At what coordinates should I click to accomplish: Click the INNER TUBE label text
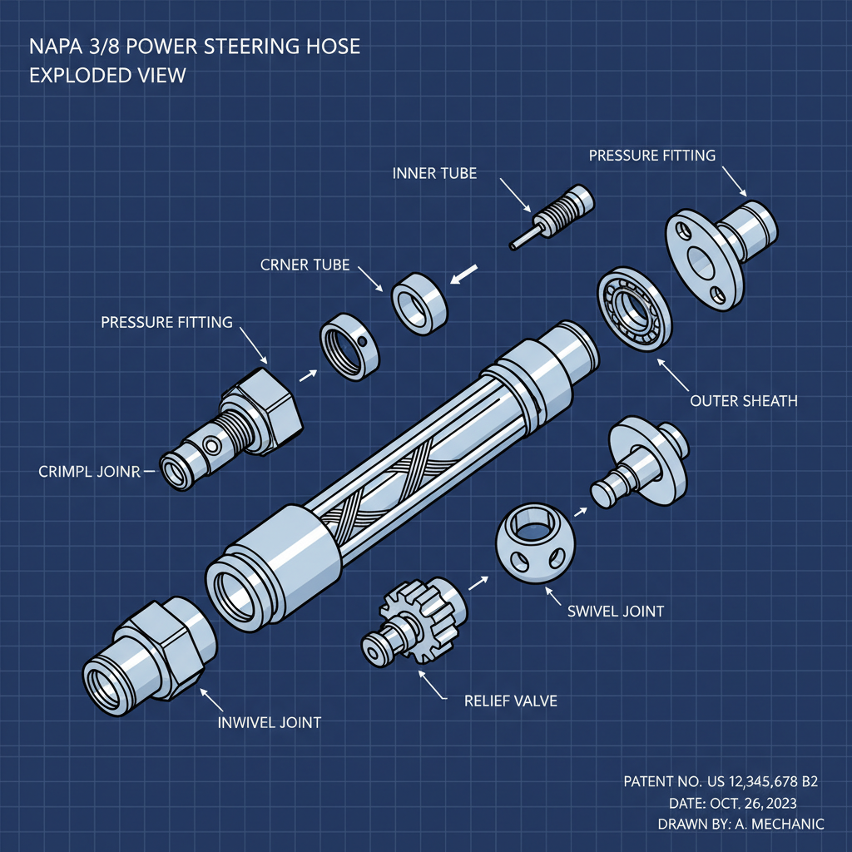click(434, 173)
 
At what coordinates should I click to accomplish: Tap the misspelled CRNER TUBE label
click(305, 265)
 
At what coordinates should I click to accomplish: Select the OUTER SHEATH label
click(744, 401)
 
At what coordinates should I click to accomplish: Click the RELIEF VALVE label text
click(510, 701)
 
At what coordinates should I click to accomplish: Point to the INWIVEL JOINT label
click(269, 722)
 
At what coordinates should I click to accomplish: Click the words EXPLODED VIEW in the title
click(107, 75)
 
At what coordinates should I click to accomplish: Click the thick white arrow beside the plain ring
click(463, 274)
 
